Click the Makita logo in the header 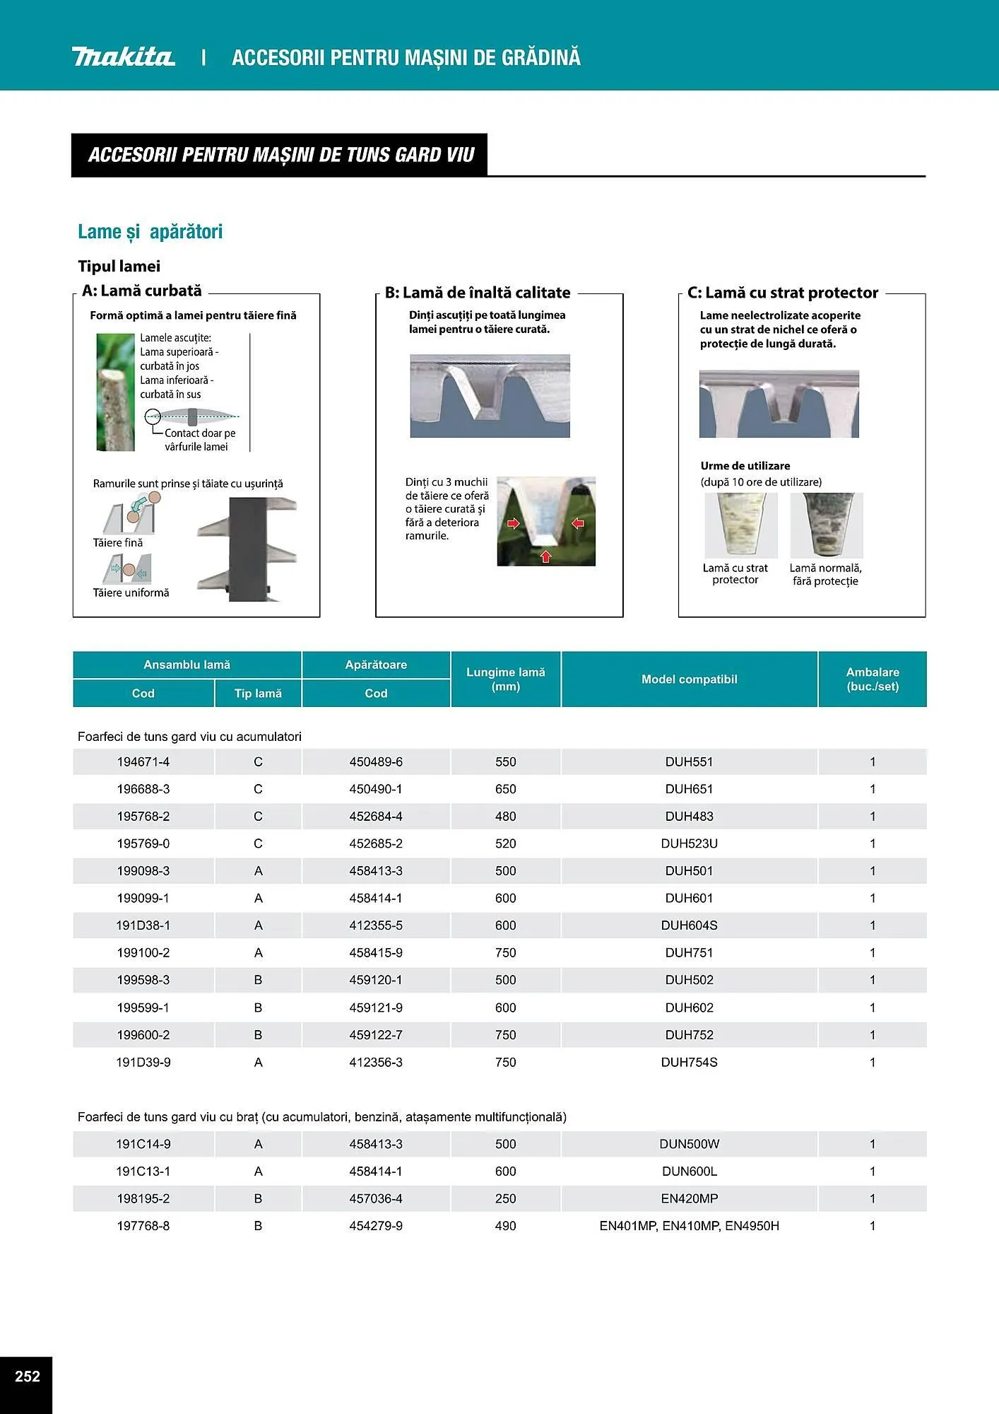point(123,57)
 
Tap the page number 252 point(27,1376)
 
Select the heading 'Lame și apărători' point(150,232)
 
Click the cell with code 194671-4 point(143,762)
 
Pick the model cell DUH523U point(689,843)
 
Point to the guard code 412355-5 point(376,925)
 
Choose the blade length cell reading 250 point(505,1198)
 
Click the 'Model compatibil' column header point(689,679)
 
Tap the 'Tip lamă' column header point(258,694)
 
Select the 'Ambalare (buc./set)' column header point(873,679)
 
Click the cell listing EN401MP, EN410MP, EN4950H point(689,1226)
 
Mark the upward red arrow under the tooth point(545,556)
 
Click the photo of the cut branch point(115,392)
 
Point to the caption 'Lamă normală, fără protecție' point(825,575)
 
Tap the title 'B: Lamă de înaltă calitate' point(478,293)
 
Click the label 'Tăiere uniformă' point(131,593)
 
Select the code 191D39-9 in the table point(143,1062)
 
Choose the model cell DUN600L point(689,1171)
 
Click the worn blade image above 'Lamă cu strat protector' point(740,525)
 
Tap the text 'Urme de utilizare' point(745,466)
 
